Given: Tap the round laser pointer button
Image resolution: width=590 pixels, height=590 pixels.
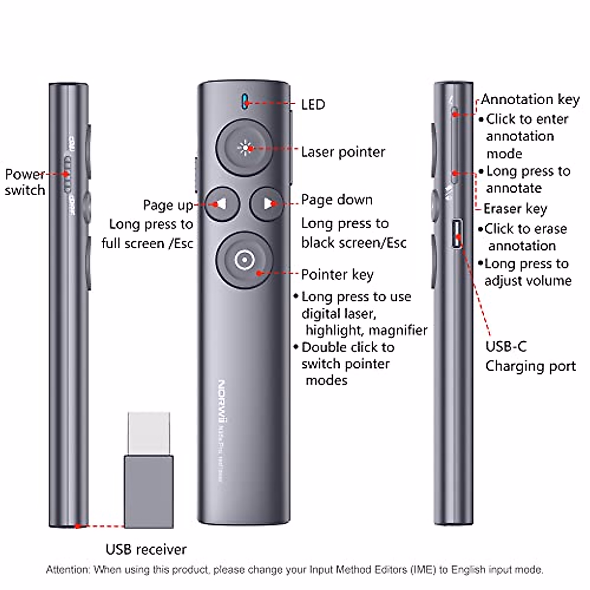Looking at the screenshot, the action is (x=244, y=147).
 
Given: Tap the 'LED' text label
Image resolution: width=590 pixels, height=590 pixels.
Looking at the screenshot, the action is (x=313, y=105).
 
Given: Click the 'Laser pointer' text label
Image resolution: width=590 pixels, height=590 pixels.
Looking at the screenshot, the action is (x=343, y=152).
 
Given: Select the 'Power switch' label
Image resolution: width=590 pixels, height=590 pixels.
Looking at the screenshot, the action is (x=25, y=182).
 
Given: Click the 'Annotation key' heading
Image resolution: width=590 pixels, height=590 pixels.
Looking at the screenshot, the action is (x=530, y=99).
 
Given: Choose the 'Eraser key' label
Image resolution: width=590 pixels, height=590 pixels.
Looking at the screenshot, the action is (x=515, y=208).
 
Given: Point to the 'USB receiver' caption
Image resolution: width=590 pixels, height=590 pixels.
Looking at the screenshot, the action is (x=146, y=549).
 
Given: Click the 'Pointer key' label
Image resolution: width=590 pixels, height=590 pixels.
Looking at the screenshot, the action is (x=337, y=274).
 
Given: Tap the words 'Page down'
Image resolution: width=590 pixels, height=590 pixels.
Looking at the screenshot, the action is (x=337, y=200).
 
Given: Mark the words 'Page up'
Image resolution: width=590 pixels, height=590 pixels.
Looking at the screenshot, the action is (x=168, y=205).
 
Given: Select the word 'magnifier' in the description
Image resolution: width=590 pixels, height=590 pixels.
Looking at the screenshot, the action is (x=397, y=330).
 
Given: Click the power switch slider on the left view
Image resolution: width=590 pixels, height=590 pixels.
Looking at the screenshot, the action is (x=67, y=175).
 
